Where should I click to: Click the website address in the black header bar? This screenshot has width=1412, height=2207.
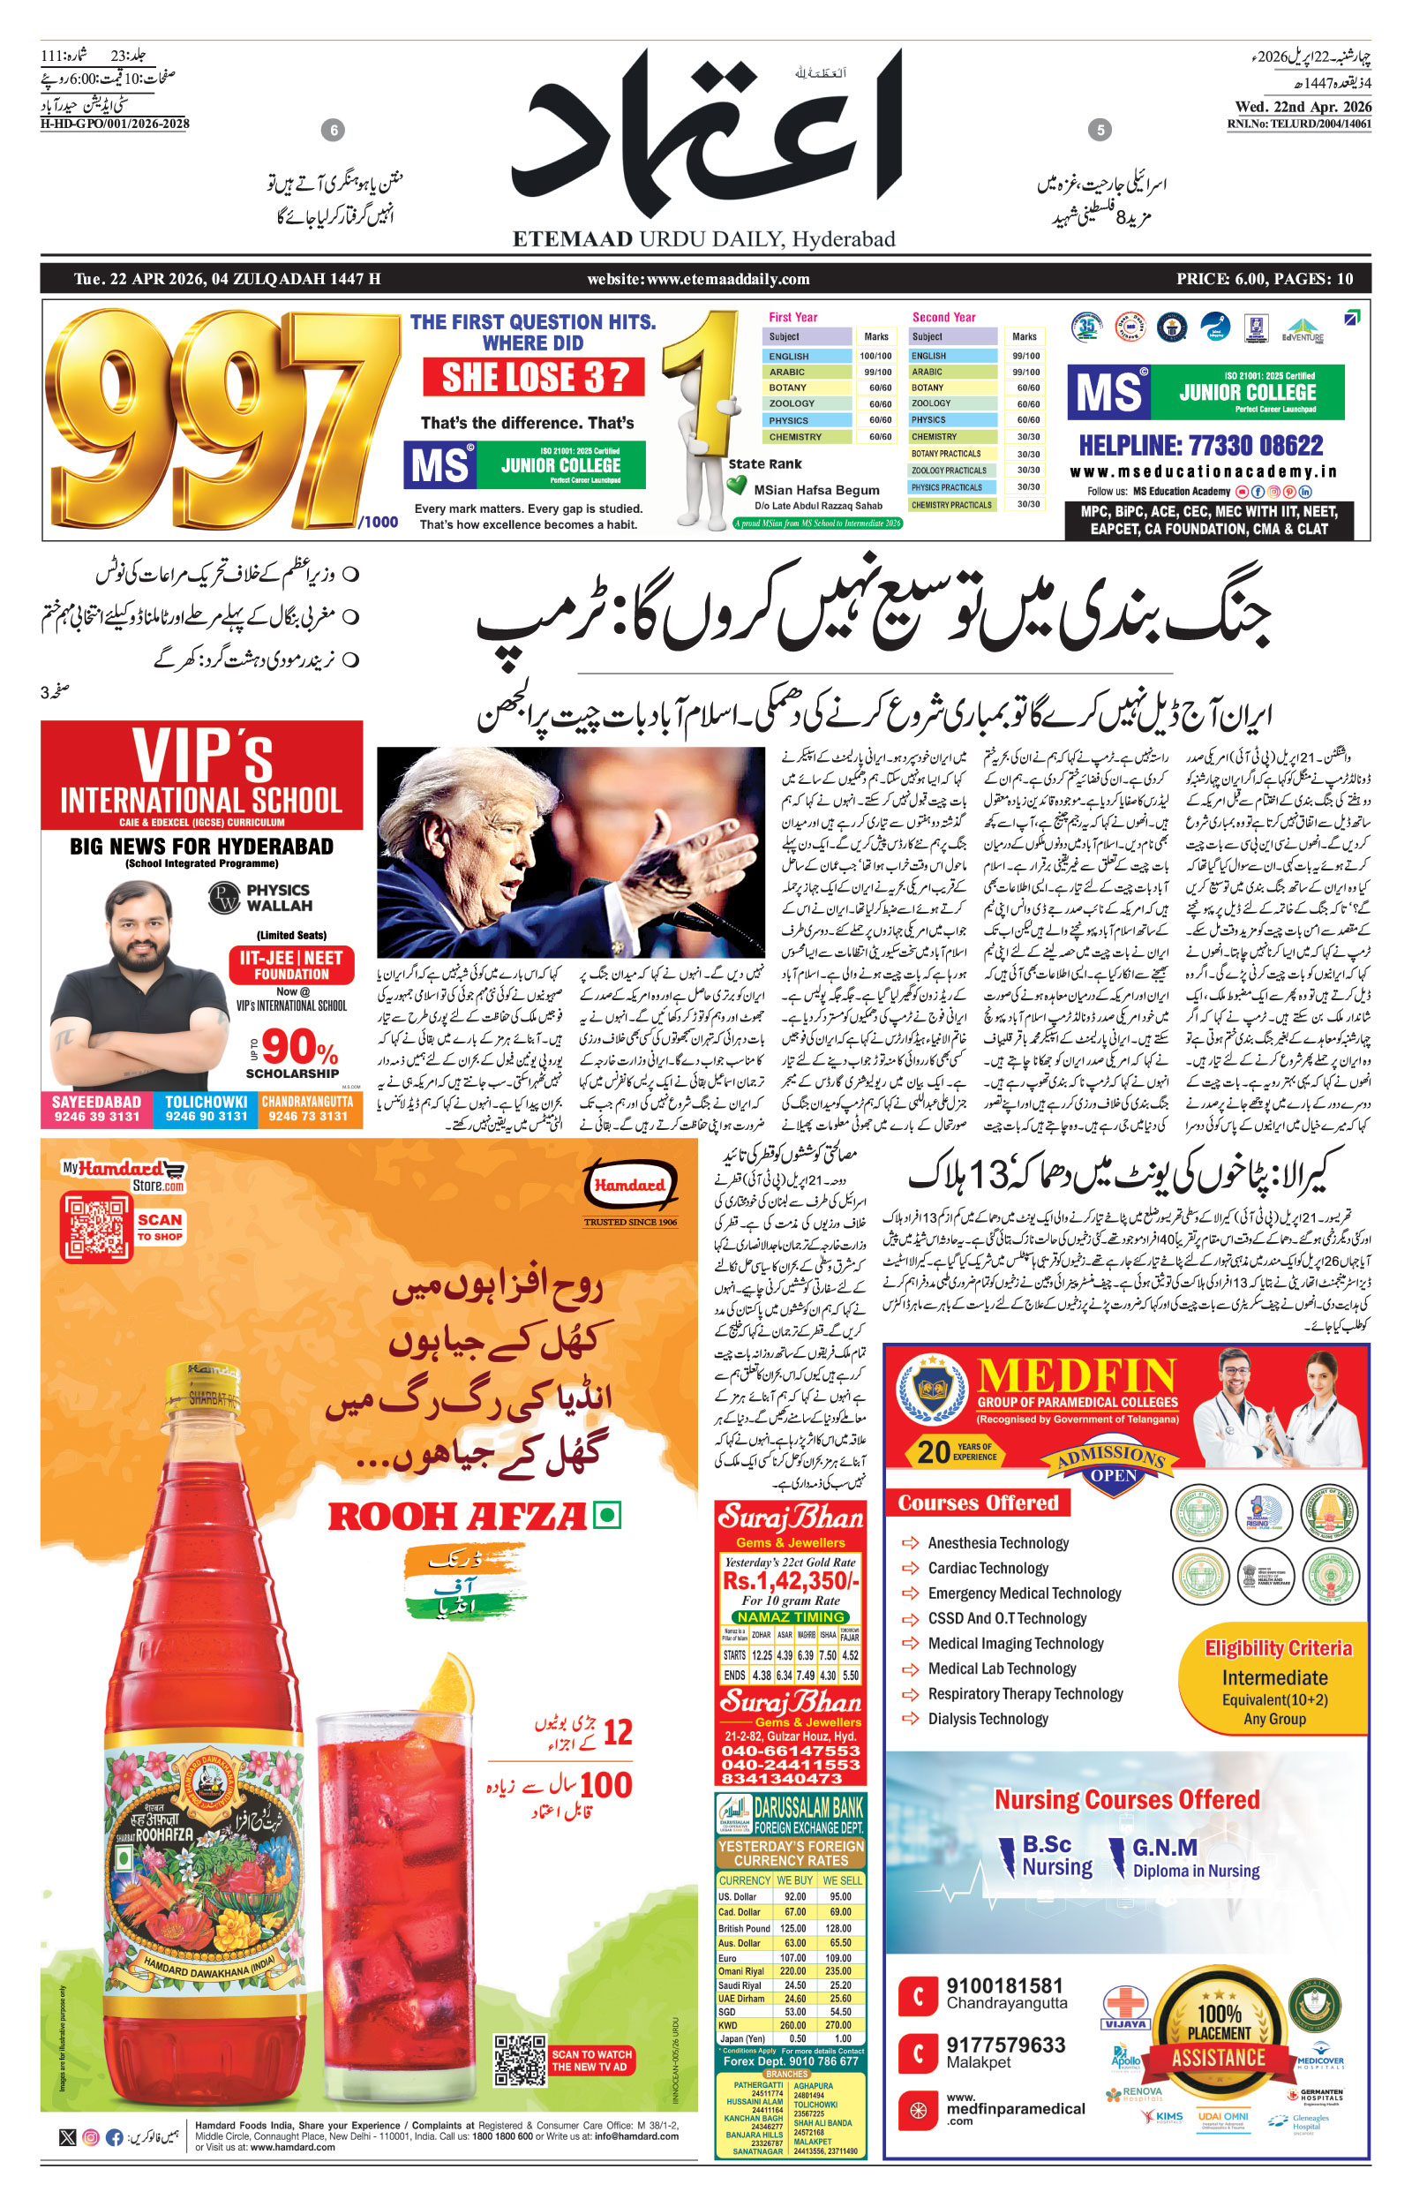[698, 279]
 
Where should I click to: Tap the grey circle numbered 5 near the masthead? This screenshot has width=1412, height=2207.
[1100, 130]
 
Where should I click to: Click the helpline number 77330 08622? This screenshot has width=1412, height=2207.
[1200, 446]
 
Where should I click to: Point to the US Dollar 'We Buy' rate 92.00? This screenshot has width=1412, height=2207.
[795, 1896]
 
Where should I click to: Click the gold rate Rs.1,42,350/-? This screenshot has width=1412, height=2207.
[790, 1581]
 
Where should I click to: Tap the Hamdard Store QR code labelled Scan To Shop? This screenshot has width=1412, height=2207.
[96, 1227]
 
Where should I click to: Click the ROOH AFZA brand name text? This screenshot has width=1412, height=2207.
[456, 1517]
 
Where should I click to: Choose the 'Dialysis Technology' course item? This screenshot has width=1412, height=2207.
[987, 1719]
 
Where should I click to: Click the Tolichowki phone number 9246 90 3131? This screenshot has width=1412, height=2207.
[207, 1116]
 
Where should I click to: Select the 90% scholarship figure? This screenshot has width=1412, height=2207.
[298, 1047]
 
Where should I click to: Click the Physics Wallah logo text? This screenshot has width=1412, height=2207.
[278, 898]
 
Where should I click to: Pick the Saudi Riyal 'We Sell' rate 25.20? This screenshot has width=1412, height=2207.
[840, 1985]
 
